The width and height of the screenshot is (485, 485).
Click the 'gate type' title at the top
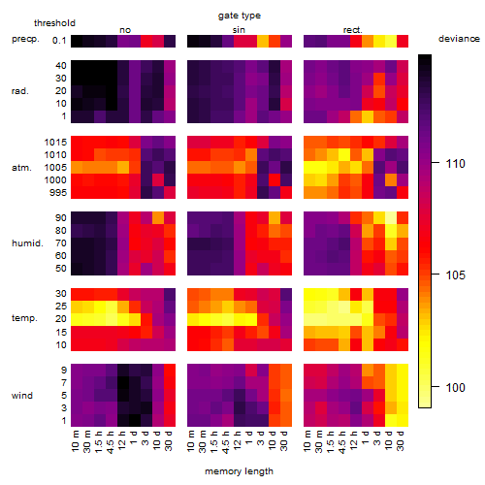tap(240, 16)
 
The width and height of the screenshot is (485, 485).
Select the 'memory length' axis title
tap(239, 471)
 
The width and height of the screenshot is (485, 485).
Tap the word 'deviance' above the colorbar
tap(459, 39)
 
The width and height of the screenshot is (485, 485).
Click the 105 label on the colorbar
tap(456, 275)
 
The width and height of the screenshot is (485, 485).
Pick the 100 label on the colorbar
tap(456, 387)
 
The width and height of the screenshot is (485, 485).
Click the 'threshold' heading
tap(54, 23)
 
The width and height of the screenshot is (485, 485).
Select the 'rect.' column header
tap(353, 30)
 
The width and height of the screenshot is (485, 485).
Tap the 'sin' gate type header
tap(239, 30)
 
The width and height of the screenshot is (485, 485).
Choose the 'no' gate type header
tap(125, 30)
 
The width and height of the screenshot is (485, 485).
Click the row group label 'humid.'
tap(27, 243)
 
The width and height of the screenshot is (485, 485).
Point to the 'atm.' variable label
tap(21, 168)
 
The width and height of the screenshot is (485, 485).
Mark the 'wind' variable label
tap(22, 396)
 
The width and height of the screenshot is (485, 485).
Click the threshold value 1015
tap(55, 143)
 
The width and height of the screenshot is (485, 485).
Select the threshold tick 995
tap(58, 193)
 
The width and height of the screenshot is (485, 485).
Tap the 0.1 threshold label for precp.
tap(59, 41)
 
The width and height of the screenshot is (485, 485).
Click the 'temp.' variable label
tap(24, 318)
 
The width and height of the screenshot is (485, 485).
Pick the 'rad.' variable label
tap(20, 91)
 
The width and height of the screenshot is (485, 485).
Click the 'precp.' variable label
tap(25, 39)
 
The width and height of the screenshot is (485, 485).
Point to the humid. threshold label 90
tap(61, 218)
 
